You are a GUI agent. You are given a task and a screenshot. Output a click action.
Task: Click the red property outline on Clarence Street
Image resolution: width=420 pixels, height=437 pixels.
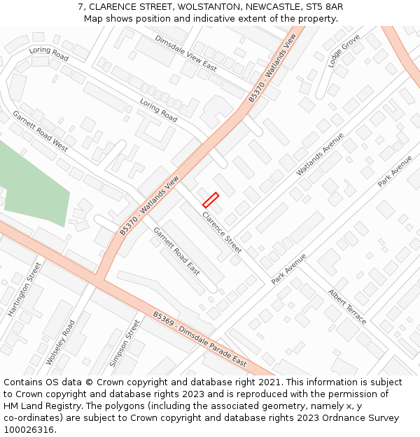click(211, 200)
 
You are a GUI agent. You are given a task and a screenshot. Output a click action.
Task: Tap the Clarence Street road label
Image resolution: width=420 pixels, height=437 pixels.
click(222, 232)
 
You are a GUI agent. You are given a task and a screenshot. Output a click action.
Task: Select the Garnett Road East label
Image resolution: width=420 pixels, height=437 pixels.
click(176, 251)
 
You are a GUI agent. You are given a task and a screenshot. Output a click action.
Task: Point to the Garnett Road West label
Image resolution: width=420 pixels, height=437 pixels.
click(40, 131)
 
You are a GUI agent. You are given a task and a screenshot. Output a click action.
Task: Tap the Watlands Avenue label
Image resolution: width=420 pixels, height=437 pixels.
click(320, 154)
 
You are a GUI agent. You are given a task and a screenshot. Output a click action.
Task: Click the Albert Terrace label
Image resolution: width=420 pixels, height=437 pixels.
click(347, 307)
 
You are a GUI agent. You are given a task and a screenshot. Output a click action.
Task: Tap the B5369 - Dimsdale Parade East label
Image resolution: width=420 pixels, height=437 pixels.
click(200, 339)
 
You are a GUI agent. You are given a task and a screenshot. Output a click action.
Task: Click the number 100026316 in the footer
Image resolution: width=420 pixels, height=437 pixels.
click(29, 429)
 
